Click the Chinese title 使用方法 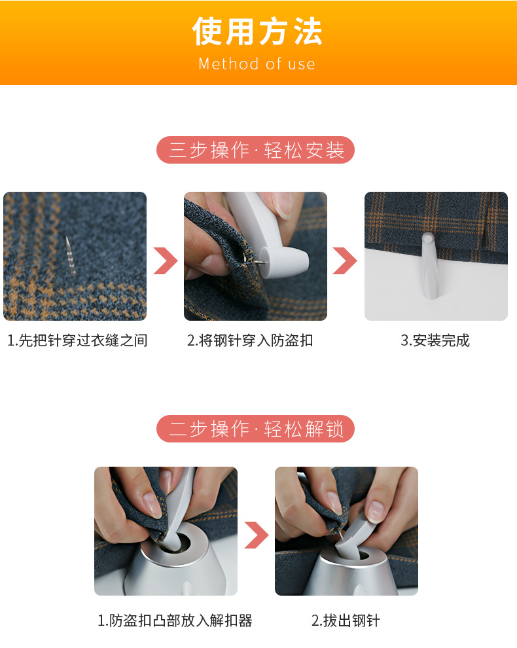pos(257,31)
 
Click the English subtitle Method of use pos(257,64)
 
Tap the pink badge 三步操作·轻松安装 pos(255,150)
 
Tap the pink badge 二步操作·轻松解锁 pos(255,429)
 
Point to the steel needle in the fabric pos(71,255)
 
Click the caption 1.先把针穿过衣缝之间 pos(78,340)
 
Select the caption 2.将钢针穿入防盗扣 pos(250,340)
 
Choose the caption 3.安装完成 pos(435,340)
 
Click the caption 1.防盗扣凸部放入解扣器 pos(175,621)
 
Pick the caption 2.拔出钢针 pos(346,621)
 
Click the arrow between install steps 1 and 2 pos(166,261)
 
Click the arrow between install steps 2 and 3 pos(345,261)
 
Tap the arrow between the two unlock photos pos(257,535)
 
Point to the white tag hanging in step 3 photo pos(429,265)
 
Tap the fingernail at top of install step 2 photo pos(284,205)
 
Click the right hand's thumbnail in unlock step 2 pos(375,512)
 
